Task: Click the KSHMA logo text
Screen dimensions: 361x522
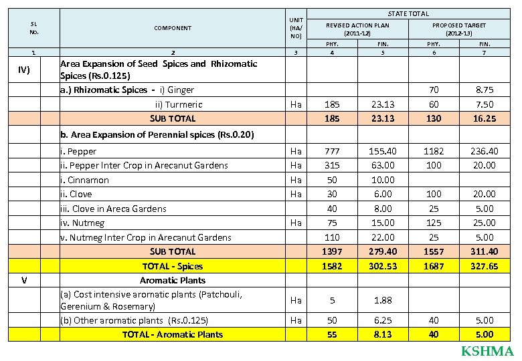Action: [487, 352]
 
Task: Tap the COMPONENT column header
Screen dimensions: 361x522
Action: [173, 28]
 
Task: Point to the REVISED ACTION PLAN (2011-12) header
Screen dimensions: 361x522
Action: [357, 29]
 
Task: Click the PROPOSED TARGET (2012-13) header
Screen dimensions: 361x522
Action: [459, 29]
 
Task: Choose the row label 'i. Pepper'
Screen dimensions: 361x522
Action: [78, 151]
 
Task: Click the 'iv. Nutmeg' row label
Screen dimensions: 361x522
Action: [82, 223]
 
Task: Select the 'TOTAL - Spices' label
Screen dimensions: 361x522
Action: [173, 265]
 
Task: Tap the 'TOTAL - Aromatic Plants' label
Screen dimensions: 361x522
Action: [173, 334]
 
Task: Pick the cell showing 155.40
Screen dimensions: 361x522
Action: [383, 151]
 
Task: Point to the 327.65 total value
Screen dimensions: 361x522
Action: [484, 265]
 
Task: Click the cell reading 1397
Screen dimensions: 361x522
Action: [332, 251]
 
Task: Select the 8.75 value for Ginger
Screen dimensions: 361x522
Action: [484, 89]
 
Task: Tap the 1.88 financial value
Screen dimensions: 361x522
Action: [383, 300]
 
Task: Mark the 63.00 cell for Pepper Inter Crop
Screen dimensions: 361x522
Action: [383, 165]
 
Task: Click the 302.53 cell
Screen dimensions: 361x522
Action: [383, 265]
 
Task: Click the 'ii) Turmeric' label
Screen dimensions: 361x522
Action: [179, 104]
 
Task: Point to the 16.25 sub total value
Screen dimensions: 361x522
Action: [484, 118]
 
